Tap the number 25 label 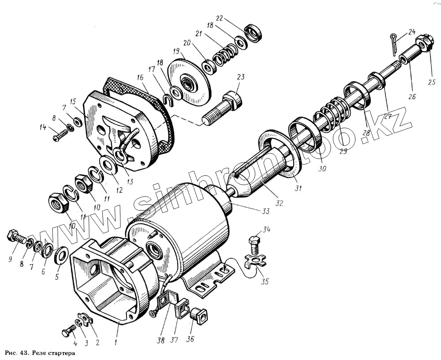coord(432,81)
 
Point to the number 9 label coord(10,260)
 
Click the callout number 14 coord(43,128)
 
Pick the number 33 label coord(265,211)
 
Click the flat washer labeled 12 coord(108,164)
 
